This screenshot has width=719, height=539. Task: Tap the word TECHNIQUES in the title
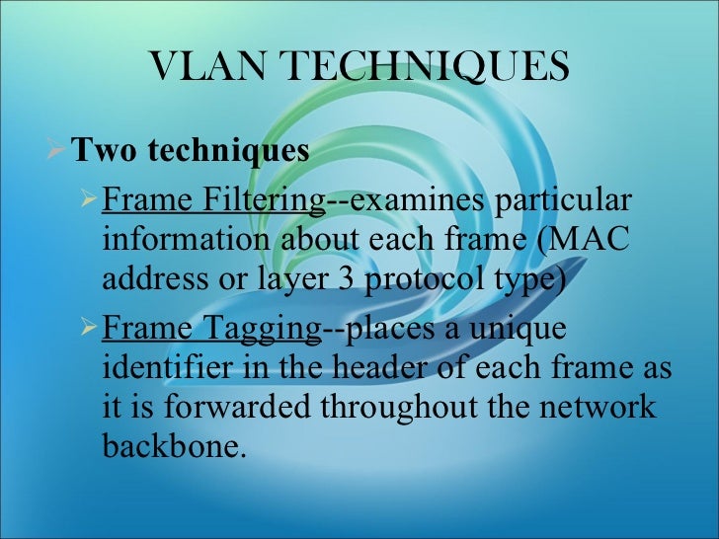[x=426, y=67]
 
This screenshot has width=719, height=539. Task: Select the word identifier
[x=158, y=368]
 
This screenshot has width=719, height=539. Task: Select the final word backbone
[x=169, y=447]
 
